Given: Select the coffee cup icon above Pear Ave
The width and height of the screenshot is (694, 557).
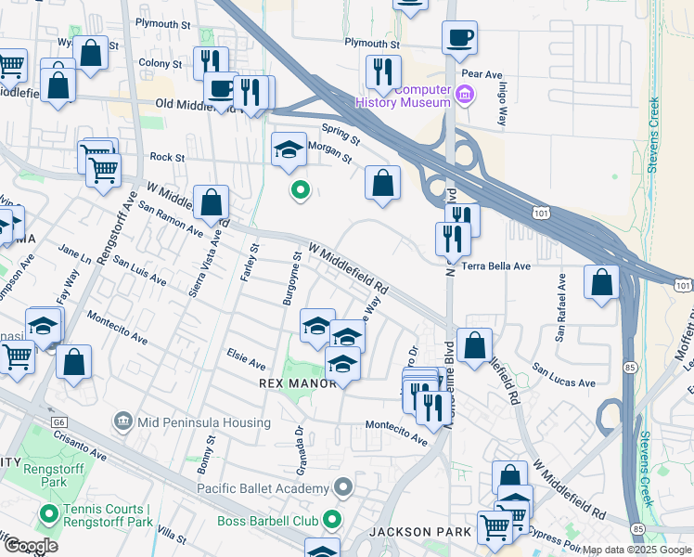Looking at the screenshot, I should coord(459,39).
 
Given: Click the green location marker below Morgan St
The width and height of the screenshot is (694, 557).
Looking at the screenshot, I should coord(300,191).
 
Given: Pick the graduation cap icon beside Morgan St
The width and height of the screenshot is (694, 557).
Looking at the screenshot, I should coord(289,149).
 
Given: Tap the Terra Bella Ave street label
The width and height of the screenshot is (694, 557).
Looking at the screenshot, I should coord(495,266).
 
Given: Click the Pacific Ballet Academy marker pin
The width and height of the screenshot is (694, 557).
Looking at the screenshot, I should coord(342,487).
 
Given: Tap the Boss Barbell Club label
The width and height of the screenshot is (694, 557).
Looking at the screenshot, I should coord(268,521).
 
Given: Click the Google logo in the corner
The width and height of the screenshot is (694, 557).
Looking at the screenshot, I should coord(31,545).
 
